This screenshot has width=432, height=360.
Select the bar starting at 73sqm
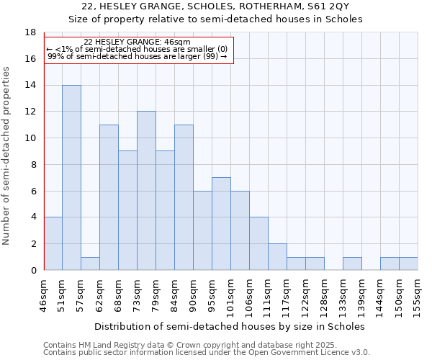(146, 191)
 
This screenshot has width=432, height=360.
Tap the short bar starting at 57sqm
(90, 264)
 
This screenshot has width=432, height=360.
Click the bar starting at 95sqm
(221, 223)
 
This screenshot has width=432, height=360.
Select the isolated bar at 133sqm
(352, 264)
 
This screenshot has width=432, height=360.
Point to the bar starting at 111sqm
(277, 256)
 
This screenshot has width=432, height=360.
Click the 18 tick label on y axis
(30, 32)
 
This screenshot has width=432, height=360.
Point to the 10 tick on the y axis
(30, 138)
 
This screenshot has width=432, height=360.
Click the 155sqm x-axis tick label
(418, 295)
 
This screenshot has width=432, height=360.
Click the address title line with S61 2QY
(220, 6)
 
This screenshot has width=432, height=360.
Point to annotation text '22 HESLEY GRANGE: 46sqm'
(137, 42)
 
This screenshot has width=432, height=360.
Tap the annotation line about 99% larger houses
(137, 56)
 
